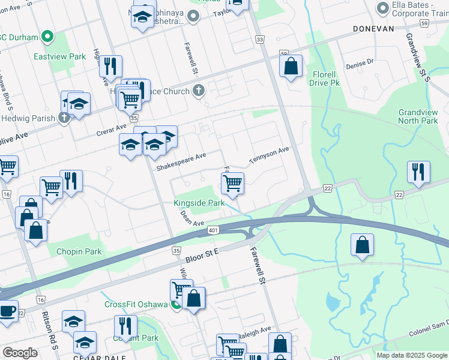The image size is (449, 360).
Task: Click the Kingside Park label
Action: (199, 203)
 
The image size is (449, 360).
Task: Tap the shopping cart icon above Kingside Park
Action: (232, 183)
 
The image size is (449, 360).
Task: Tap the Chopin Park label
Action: (79, 251)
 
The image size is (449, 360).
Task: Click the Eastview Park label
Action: (68, 56)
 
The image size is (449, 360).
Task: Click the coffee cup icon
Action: (8, 311)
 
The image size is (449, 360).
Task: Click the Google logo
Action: (20, 353)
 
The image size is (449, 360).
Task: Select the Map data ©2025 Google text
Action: (411, 355)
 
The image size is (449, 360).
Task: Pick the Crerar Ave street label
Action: (113, 127)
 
